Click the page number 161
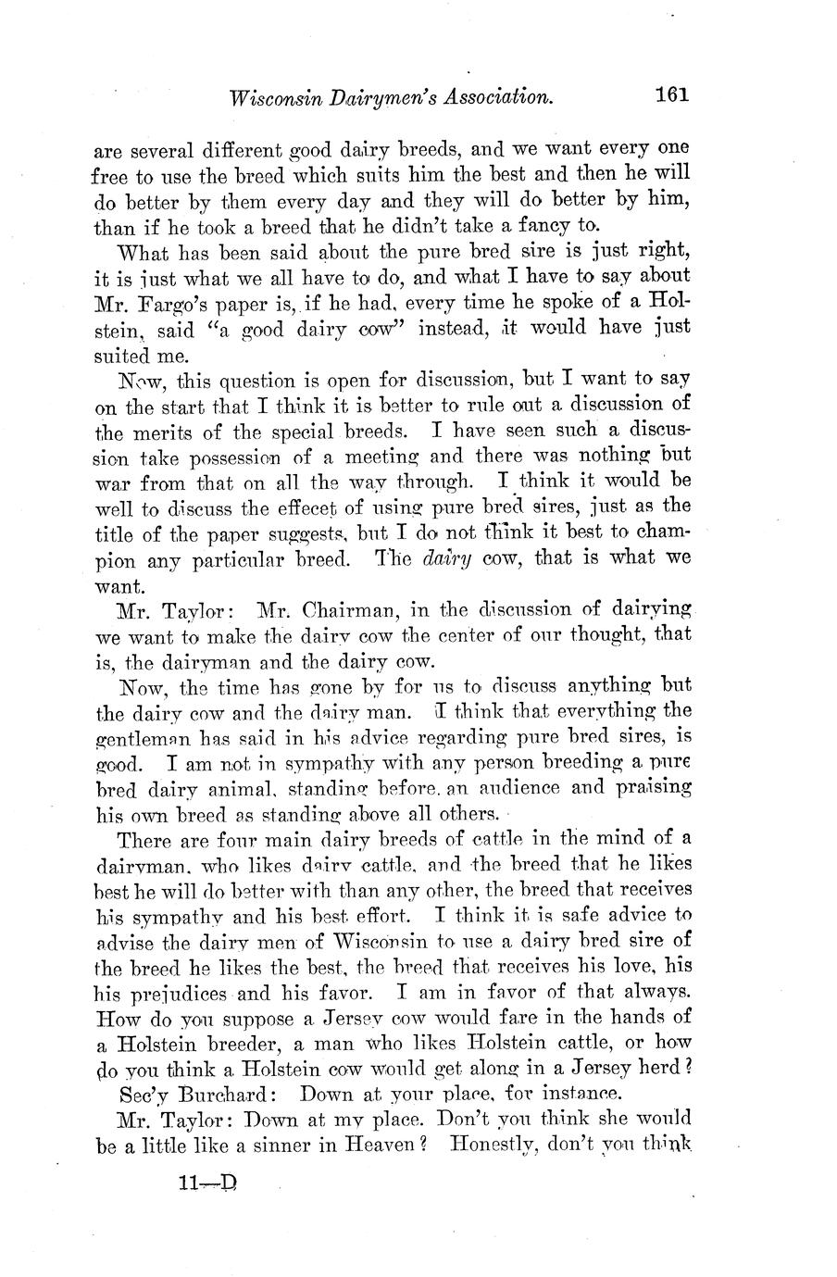672,94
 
